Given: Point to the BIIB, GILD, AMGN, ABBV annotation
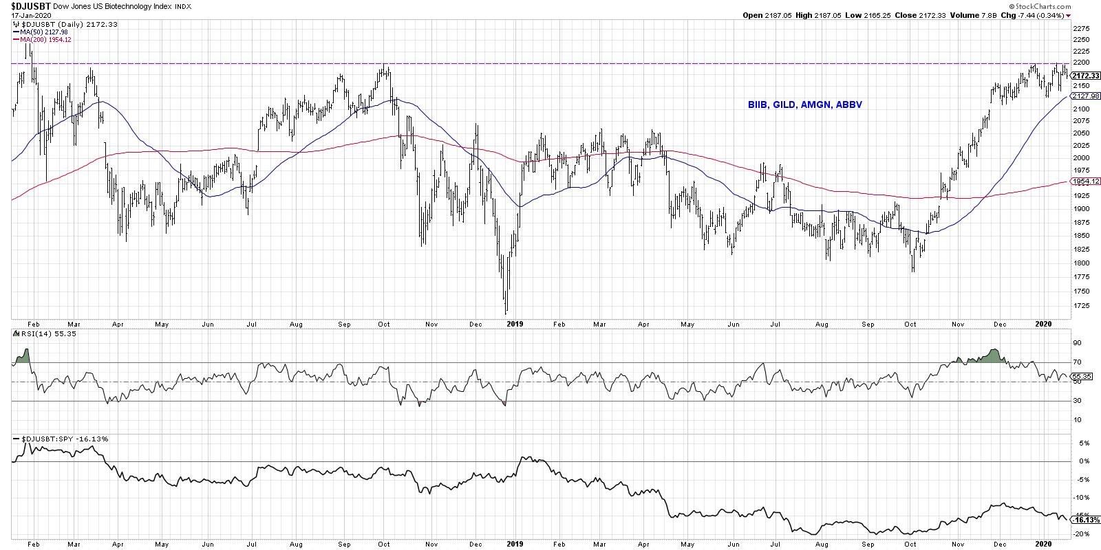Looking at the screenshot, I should [805, 105].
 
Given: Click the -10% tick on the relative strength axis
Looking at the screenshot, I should [1080, 497].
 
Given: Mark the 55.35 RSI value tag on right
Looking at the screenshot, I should [1083, 377].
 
